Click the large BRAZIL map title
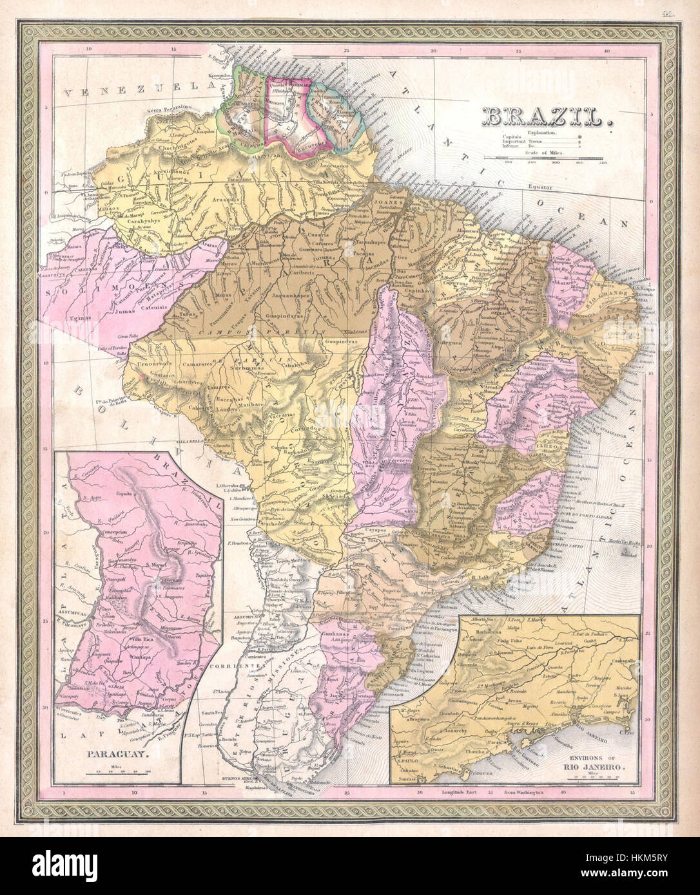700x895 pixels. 546,117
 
